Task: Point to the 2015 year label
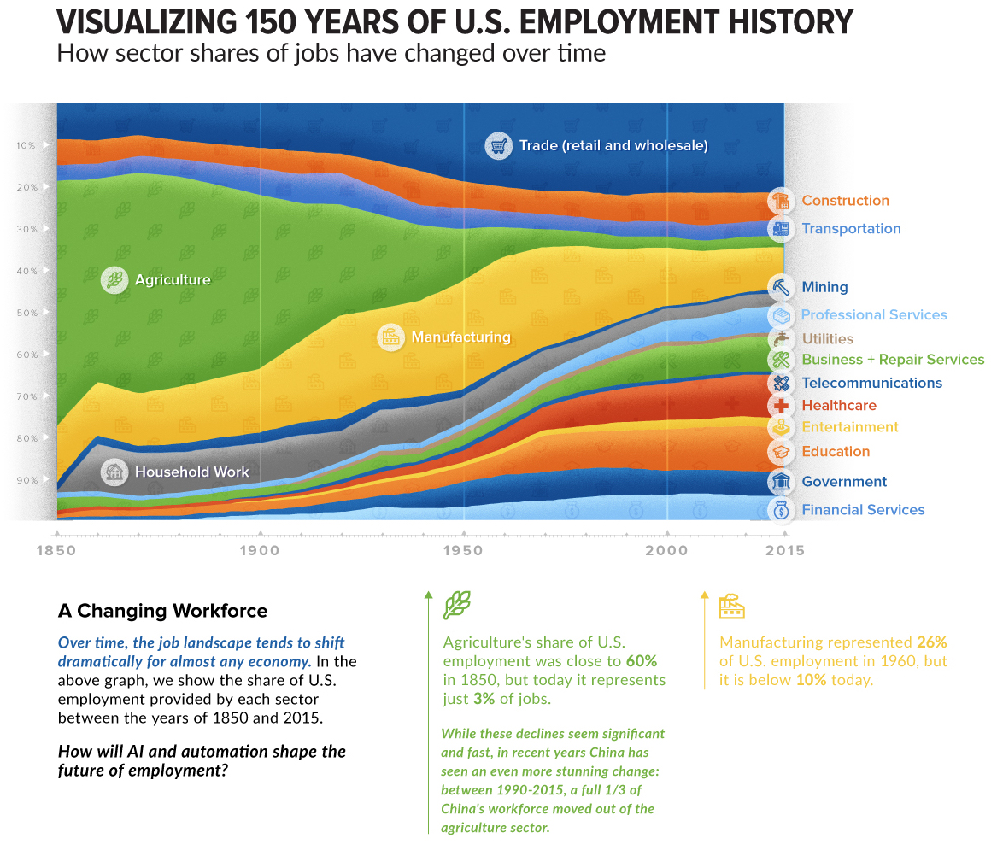click(x=784, y=551)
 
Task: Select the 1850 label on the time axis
click(x=56, y=551)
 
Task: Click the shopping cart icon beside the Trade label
click(x=498, y=146)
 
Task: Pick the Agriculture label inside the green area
click(x=172, y=279)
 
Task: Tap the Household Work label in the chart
click(x=192, y=472)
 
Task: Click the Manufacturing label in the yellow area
click(x=460, y=337)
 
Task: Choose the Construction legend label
click(x=845, y=201)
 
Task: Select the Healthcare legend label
click(x=838, y=406)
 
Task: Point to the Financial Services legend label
click(x=863, y=510)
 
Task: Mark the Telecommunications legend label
click(x=871, y=384)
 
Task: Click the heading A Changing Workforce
click(x=162, y=612)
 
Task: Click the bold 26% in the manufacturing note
click(x=931, y=642)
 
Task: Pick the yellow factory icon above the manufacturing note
click(x=732, y=607)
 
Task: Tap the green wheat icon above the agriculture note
click(x=456, y=606)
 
